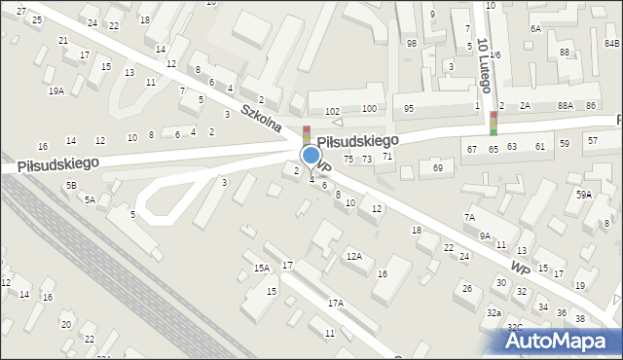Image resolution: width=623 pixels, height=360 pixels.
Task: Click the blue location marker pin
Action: click(311, 157)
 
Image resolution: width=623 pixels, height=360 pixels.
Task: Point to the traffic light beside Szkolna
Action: click(306, 135)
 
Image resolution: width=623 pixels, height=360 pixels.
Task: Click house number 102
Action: click(332, 112)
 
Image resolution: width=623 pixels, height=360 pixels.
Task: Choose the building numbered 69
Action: click(438, 168)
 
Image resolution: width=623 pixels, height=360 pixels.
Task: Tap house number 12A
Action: click(354, 256)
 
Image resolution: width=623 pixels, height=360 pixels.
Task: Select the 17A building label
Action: click(335, 304)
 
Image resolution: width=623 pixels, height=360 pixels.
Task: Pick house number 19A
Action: click(56, 90)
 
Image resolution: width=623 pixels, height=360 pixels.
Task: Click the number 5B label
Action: click(71, 185)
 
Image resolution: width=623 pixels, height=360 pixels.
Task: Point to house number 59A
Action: click(583, 195)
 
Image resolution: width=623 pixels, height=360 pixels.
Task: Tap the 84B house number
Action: click(611, 43)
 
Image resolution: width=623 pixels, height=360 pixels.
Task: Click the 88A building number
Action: click(566, 105)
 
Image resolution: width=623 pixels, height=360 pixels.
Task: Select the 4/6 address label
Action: click(495, 55)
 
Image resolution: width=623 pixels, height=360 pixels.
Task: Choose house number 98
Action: click(412, 44)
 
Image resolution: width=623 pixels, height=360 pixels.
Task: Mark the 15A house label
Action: click(261, 268)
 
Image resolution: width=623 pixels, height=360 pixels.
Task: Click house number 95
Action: click(409, 108)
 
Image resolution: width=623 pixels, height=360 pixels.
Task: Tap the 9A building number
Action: click(485, 234)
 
